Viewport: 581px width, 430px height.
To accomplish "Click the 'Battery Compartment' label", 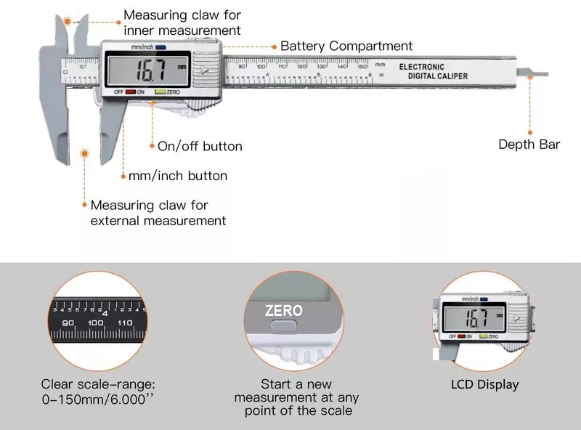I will click(x=346, y=46).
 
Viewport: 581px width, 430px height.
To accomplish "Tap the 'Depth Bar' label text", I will click(x=529, y=144).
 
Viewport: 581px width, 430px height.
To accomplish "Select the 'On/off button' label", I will click(x=200, y=146).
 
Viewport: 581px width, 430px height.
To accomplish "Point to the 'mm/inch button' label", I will click(x=177, y=176).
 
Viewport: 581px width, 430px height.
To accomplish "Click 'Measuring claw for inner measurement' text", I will click(x=182, y=23).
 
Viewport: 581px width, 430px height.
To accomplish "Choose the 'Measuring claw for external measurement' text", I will click(x=158, y=213).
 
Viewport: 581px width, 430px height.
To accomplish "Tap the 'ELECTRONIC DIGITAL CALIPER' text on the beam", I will click(x=433, y=71).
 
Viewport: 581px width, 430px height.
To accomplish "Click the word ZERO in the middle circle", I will click(x=283, y=310).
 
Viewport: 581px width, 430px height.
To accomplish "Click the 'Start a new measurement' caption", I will click(x=296, y=397).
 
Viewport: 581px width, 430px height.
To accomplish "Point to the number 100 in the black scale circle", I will click(x=95, y=322).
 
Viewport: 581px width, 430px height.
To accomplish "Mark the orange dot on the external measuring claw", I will click(x=85, y=154).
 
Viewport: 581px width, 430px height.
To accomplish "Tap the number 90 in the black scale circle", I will click(x=69, y=322).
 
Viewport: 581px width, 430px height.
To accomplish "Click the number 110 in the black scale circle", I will click(x=123, y=322).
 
